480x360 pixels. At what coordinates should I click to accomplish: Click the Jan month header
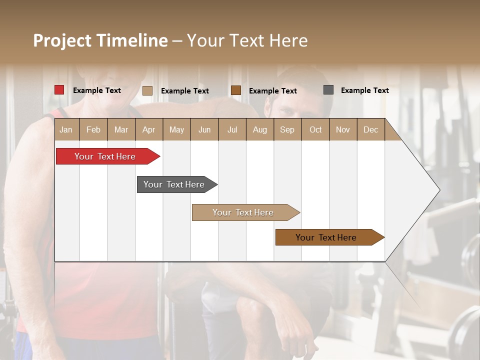coord(66,129)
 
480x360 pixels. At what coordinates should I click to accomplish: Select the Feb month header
coord(93,129)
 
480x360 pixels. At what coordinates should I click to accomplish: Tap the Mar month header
coord(121,129)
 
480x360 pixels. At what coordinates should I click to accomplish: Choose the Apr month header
coord(149,129)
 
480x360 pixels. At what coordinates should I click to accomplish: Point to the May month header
coord(176,129)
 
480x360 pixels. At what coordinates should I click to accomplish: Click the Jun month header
coord(204,129)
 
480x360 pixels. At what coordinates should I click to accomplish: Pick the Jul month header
coord(232,129)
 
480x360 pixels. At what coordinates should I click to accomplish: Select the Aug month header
coord(260,129)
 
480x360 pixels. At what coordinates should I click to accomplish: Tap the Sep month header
coord(287,129)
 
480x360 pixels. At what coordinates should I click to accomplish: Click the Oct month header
coord(315,129)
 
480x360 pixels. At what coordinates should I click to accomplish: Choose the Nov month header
coord(343,129)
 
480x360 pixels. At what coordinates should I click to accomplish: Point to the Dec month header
coord(370,129)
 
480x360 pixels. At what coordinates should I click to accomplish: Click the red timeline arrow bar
coord(105,156)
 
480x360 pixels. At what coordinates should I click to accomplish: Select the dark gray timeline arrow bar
coord(174,184)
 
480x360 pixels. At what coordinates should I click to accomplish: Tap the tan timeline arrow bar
coord(243,212)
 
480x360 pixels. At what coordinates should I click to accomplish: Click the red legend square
coord(59,90)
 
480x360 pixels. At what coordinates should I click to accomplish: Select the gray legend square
coord(328,90)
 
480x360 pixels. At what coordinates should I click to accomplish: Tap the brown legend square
coord(236,90)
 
